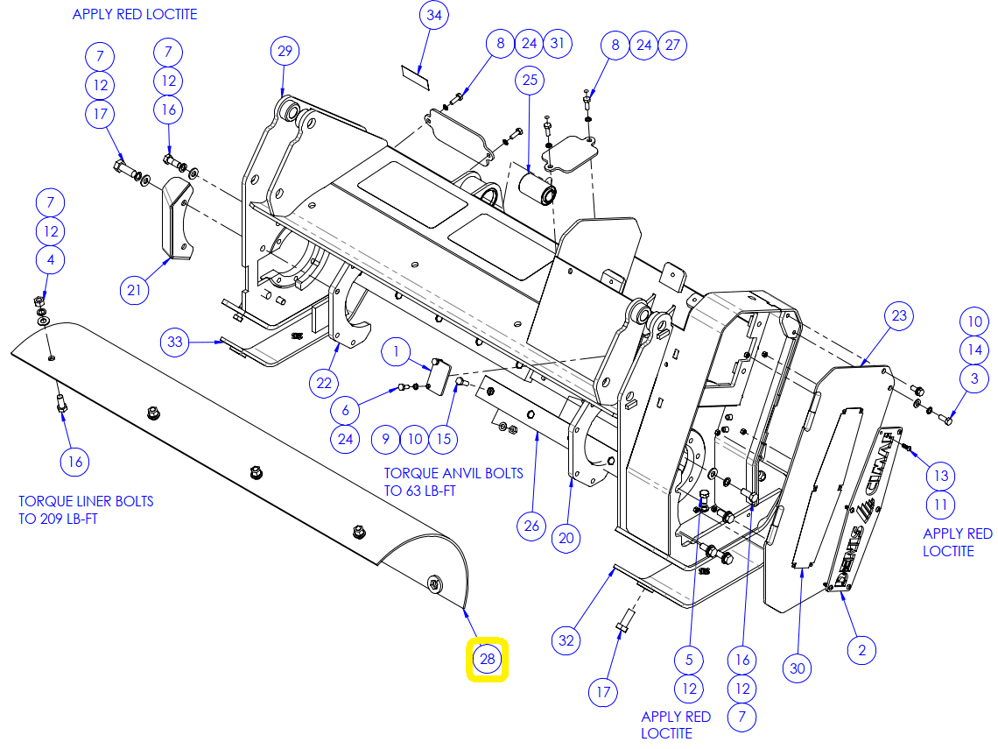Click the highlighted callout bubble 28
click(x=488, y=659)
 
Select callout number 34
click(x=434, y=15)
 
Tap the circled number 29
click(x=285, y=51)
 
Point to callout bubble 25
click(x=531, y=81)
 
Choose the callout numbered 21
click(x=134, y=291)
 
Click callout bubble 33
click(x=175, y=342)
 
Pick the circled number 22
click(x=324, y=383)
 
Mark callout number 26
click(x=531, y=526)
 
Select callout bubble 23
click(x=899, y=316)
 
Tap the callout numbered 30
click(x=798, y=668)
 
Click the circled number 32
click(x=566, y=640)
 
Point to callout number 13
click(x=941, y=476)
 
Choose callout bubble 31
click(x=558, y=43)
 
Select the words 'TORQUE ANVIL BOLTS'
click(x=453, y=473)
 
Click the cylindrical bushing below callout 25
click(x=538, y=187)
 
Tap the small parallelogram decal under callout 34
click(x=415, y=78)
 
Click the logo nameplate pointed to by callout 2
click(x=864, y=510)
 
